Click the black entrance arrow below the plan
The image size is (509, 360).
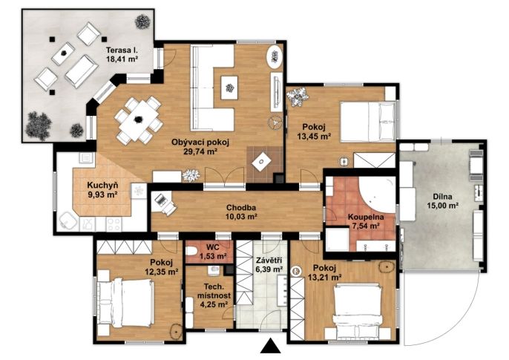(x=270, y=347)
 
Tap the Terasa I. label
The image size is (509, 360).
(x=122, y=50)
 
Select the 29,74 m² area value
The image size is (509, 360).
(x=200, y=151)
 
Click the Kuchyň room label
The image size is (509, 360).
(x=102, y=186)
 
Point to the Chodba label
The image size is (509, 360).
(x=241, y=207)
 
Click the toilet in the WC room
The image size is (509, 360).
(x=192, y=251)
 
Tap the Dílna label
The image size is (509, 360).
(x=442, y=197)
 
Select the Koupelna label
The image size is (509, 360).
(x=366, y=217)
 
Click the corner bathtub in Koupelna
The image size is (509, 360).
(x=378, y=192)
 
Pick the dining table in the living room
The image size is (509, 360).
(x=139, y=120)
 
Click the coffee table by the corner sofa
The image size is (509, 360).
(x=230, y=88)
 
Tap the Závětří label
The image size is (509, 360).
(x=269, y=261)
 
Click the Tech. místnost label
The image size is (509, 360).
(x=214, y=291)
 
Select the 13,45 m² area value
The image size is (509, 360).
(x=315, y=137)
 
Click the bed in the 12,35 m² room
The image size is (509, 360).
(x=125, y=303)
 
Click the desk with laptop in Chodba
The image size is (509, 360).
(x=163, y=203)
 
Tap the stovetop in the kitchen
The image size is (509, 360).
(x=114, y=224)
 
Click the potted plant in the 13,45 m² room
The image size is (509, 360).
(x=297, y=96)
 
